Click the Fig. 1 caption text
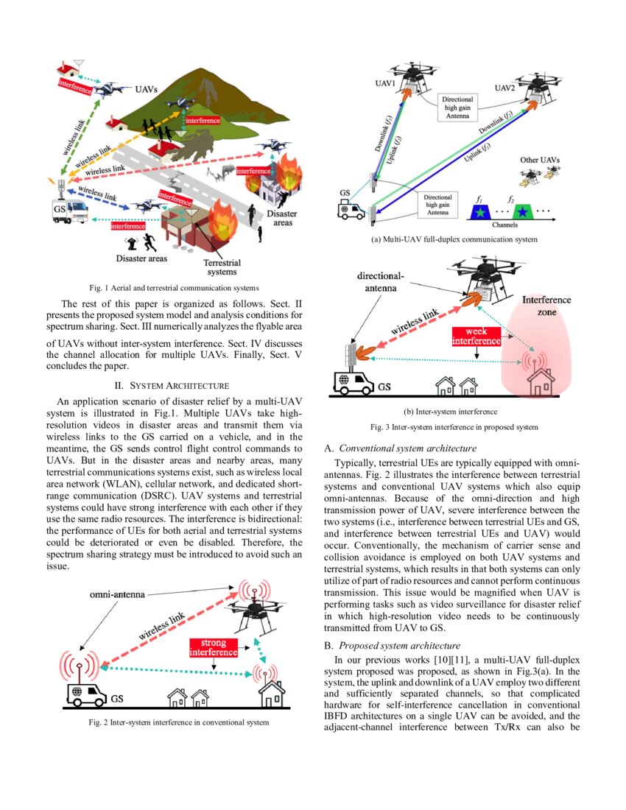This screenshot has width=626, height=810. coord(173,287)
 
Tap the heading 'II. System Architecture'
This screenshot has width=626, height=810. coord(173,385)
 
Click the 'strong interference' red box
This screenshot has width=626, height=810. coord(214,647)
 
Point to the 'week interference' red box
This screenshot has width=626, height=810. coord(476,336)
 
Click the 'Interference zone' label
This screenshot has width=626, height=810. coord(546,306)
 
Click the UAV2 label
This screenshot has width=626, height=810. coord(504,88)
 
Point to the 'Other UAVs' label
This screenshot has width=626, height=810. coord(538,160)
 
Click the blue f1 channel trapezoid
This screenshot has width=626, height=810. coord(482,212)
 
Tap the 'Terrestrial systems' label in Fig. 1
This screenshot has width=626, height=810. coord(222,267)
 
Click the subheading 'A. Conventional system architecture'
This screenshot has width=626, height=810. coord(401,448)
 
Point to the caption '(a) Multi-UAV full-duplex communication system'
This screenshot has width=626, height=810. coord(454,239)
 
